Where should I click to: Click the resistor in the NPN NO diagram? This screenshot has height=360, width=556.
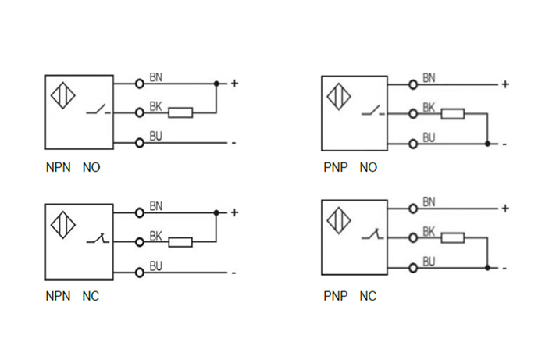(180, 112)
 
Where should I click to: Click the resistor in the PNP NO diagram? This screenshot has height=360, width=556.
(452, 114)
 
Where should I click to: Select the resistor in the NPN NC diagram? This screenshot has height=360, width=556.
(180, 242)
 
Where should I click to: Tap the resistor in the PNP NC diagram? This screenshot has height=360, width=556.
(452, 238)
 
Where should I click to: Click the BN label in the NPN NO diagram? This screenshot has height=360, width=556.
(155, 76)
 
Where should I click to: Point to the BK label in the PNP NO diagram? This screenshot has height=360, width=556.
(429, 107)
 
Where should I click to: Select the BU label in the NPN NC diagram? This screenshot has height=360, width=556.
(155, 266)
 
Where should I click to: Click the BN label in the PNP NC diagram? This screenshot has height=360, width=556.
(429, 201)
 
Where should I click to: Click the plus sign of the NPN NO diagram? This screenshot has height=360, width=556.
(233, 83)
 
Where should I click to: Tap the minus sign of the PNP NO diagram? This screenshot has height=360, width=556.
(505, 144)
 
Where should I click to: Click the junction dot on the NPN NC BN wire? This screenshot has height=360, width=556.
(216, 212)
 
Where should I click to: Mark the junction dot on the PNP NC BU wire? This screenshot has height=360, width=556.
(487, 268)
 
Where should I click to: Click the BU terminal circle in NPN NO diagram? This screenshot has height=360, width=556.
(140, 142)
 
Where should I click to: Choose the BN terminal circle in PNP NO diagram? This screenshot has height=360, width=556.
(412, 84)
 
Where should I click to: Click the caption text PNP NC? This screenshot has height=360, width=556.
(350, 297)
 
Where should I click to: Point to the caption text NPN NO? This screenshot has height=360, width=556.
(73, 167)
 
